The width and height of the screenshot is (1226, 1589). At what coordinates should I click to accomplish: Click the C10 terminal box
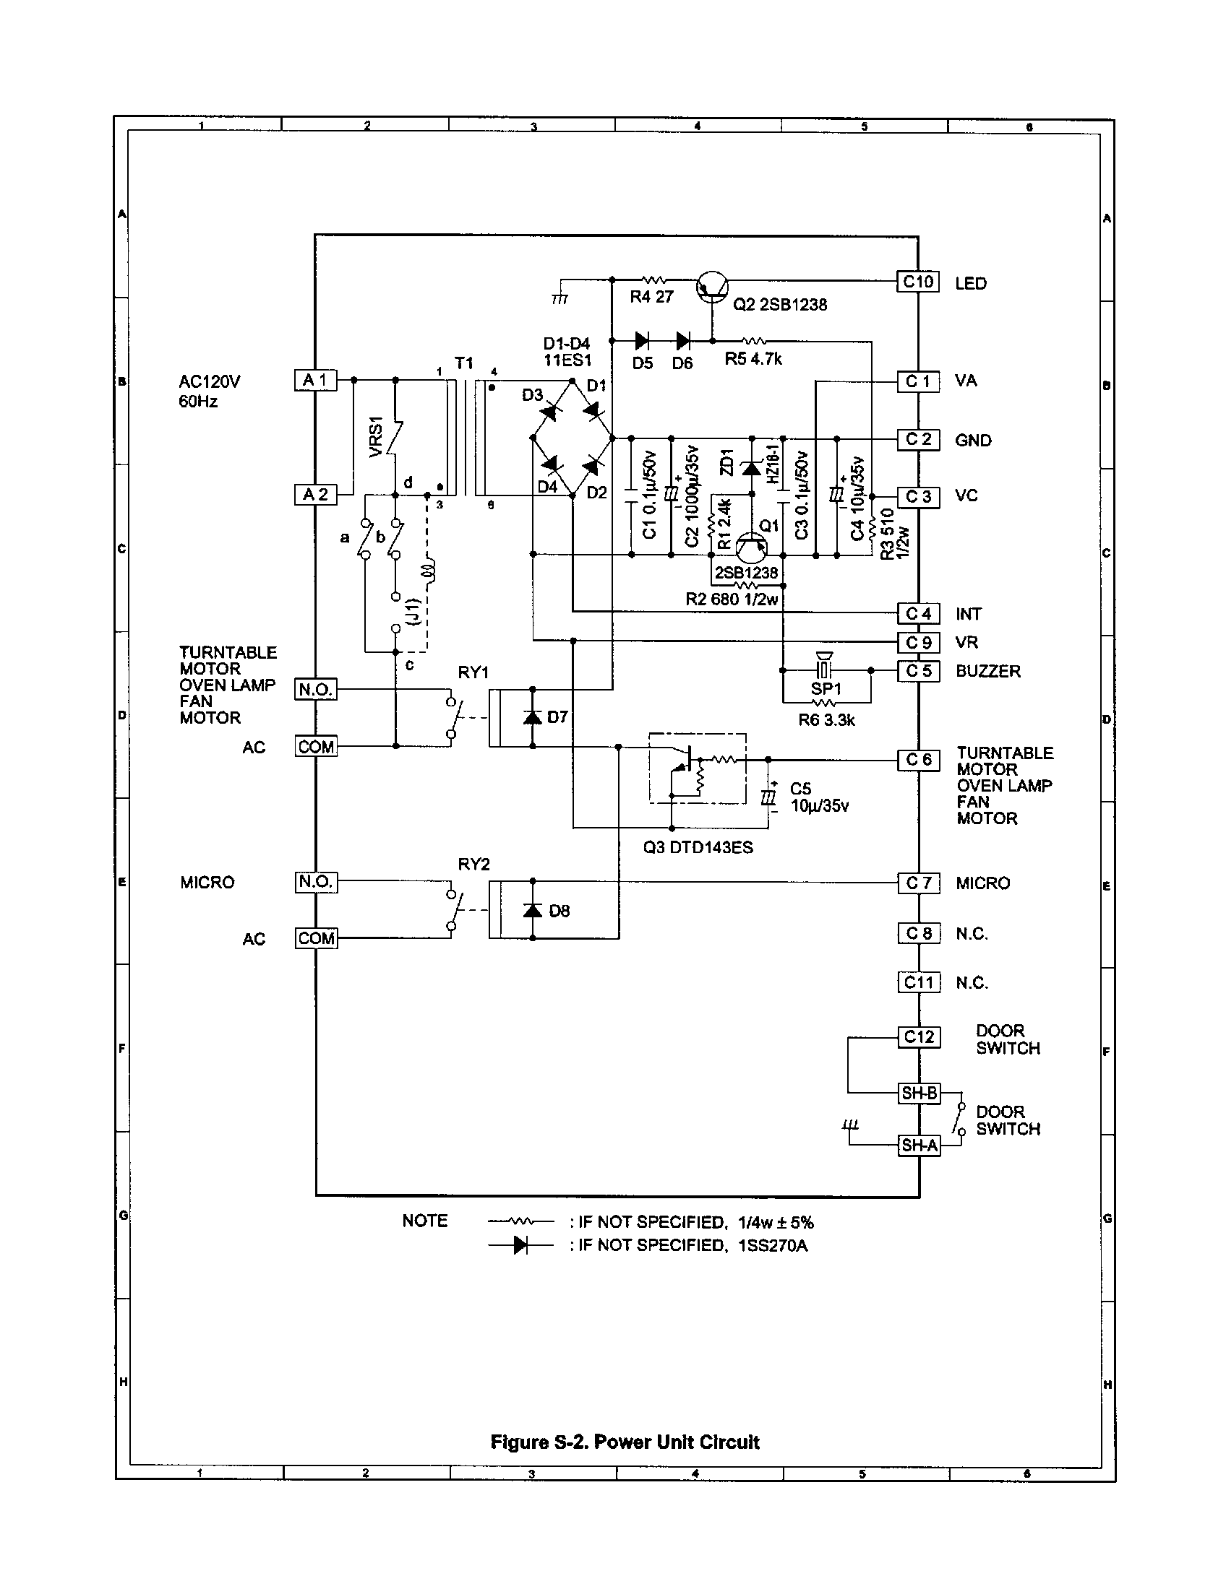[x=918, y=282]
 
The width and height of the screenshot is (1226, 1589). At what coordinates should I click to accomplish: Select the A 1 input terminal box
[x=315, y=380]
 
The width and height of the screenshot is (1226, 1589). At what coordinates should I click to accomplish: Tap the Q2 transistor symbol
[x=712, y=287]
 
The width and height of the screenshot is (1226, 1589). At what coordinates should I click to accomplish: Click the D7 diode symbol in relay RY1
[x=533, y=717]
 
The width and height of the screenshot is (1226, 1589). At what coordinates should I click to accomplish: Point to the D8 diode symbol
[x=533, y=910]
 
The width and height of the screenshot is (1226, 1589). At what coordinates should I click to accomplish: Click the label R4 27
[x=651, y=297]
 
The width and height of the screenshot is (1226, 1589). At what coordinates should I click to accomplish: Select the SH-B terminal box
[x=919, y=1093]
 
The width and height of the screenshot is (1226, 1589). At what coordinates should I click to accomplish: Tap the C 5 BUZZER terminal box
[x=918, y=671]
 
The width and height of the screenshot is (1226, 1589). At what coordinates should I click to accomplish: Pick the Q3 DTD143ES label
[x=698, y=848]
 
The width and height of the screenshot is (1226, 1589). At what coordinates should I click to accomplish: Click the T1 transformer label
[x=464, y=363]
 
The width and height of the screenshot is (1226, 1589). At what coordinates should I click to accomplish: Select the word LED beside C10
[x=970, y=284]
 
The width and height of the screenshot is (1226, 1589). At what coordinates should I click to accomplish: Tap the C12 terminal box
[x=918, y=1036]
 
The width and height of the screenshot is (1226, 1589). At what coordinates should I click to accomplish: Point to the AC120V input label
[x=210, y=382]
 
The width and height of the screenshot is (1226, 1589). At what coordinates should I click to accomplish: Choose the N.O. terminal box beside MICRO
[x=315, y=882]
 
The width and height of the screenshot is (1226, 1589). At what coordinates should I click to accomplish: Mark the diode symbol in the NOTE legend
[x=520, y=1245]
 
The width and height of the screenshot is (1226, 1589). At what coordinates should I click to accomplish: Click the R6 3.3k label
[x=826, y=720]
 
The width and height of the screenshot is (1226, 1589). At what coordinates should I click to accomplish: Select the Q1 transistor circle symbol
[x=750, y=547]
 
